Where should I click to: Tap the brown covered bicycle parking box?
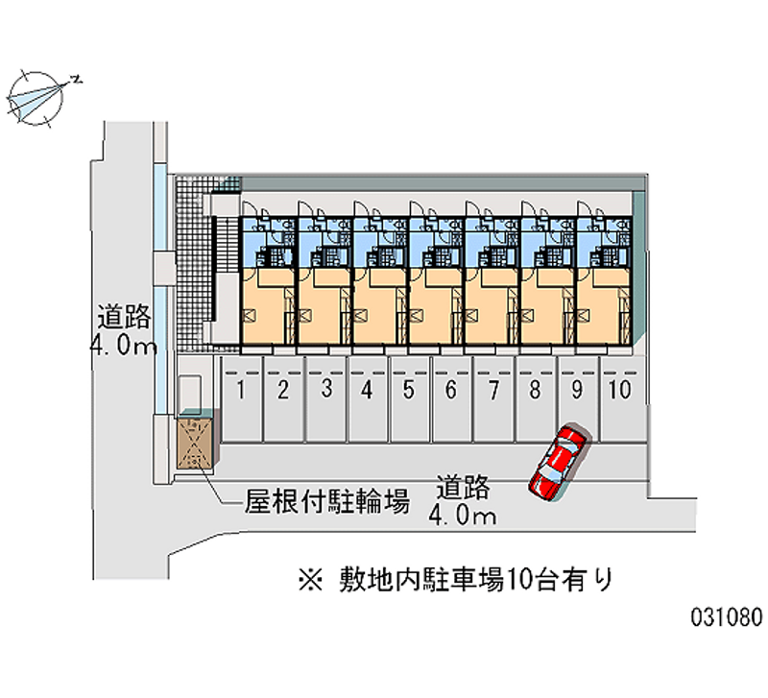pos(196,444)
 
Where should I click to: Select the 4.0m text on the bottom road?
pos(463,517)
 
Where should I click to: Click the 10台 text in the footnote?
pos(532,579)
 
